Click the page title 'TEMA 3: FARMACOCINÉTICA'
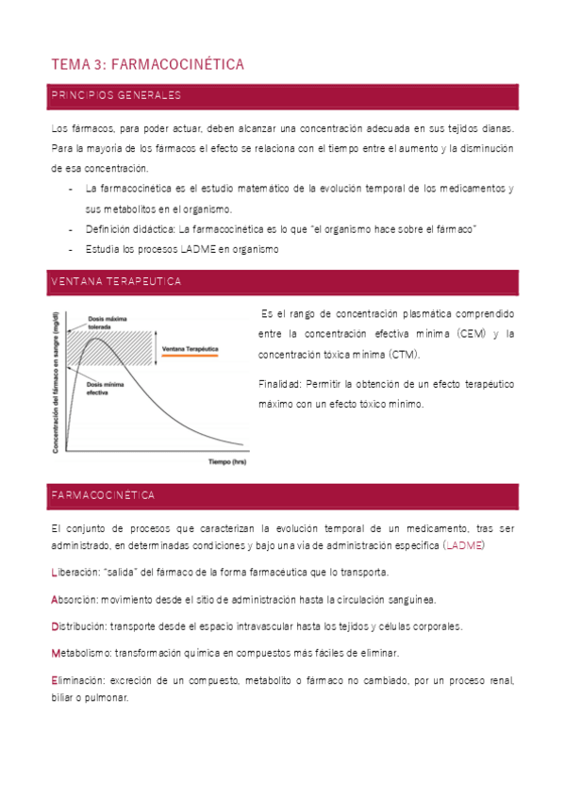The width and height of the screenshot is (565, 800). (147, 64)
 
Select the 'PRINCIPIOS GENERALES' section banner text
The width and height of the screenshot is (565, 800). (115, 96)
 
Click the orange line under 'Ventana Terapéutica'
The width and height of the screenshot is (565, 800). (190, 357)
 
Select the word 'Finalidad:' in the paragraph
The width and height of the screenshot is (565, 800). (279, 384)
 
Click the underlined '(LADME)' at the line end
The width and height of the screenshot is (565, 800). (467, 545)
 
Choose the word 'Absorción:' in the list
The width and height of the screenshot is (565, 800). (75, 599)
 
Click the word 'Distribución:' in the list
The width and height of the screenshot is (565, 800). (79, 626)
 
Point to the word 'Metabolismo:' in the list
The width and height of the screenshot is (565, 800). (81, 653)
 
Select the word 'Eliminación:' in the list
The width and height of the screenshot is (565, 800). (78, 680)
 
